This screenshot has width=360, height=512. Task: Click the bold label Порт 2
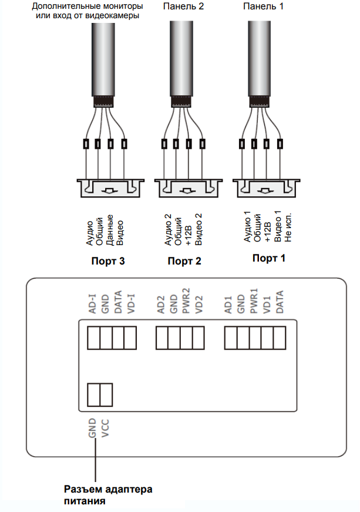[x=184, y=261]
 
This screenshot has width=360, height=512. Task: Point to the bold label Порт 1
[x=268, y=258]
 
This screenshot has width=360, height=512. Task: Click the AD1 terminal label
[x=229, y=306]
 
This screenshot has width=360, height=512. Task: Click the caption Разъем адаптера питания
[x=107, y=494]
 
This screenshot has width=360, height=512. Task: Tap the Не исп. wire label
[x=288, y=229]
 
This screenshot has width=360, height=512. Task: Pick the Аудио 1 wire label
[x=247, y=227]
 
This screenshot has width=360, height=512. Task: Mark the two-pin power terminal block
[x=99, y=394]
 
